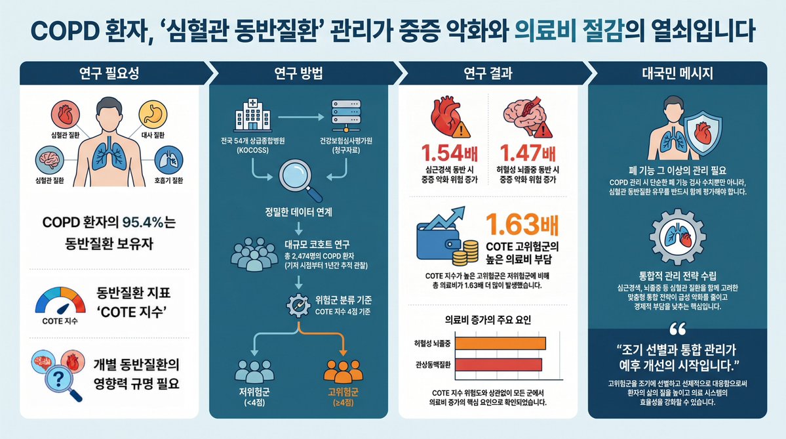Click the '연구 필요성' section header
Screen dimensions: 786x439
(109, 73)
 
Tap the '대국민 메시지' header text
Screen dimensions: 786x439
(677, 73)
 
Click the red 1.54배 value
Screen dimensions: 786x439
(449, 153)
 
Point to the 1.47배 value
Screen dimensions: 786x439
(528, 153)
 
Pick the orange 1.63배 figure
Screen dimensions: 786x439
(522, 225)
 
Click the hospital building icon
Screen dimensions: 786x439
(252, 115)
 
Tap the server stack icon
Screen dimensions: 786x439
(346, 116)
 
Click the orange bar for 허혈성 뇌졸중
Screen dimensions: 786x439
(500, 344)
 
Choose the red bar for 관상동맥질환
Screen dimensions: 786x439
(498, 365)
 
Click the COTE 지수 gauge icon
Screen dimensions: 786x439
(60, 301)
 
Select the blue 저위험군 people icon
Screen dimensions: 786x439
(254, 371)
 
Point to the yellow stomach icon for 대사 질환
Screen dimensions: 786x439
(153, 114)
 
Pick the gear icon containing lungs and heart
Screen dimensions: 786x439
(677, 237)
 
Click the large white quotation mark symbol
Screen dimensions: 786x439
(677, 329)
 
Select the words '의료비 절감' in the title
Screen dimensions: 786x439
(568, 31)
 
